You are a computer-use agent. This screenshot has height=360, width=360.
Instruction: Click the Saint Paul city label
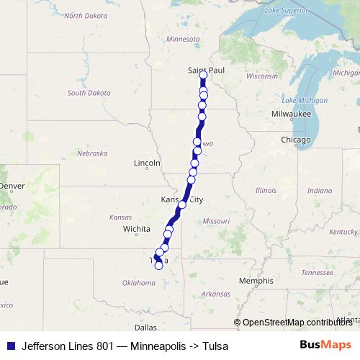(x=202, y=69)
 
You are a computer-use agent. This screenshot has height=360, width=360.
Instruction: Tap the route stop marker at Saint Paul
(x=203, y=75)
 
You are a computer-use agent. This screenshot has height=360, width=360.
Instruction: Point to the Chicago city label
(x=295, y=140)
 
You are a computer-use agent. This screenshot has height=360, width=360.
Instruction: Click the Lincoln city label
(x=147, y=163)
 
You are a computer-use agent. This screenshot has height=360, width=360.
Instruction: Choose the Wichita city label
(x=136, y=229)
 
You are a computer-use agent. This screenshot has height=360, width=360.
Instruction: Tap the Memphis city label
(x=256, y=281)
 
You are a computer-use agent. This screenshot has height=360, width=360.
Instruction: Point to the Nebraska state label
(x=92, y=153)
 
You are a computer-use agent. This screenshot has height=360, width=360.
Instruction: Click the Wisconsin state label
(x=261, y=76)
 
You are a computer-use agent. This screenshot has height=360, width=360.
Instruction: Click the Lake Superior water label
(x=285, y=9)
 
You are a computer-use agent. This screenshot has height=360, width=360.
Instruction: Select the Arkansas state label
(x=215, y=294)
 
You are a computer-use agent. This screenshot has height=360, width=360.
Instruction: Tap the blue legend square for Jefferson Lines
(x=10, y=346)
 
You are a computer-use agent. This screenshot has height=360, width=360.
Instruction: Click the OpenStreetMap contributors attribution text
(x=297, y=323)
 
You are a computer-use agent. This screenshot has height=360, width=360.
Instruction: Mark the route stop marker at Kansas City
(x=182, y=204)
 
